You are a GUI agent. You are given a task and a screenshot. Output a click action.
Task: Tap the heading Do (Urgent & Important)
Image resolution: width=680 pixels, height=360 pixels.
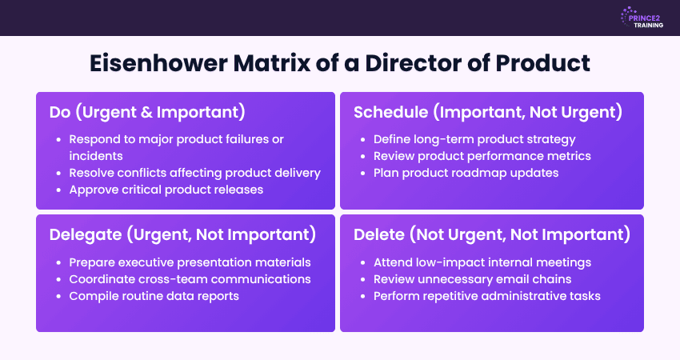(x=147, y=112)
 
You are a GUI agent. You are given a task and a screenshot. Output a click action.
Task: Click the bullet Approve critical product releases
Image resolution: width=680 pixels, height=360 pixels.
(x=166, y=190)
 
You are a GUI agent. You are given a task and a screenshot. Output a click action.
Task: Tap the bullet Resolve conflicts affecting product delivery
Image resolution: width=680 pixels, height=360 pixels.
(x=194, y=173)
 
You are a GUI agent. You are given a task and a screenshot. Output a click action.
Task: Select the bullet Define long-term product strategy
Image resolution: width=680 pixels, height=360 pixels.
(x=474, y=139)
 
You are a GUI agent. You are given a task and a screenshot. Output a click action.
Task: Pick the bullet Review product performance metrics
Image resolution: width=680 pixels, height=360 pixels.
(x=482, y=156)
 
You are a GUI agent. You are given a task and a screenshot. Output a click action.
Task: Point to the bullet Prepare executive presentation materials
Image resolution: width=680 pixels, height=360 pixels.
(x=190, y=262)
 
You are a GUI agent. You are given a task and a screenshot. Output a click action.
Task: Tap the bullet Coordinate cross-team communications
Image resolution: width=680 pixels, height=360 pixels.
(x=190, y=279)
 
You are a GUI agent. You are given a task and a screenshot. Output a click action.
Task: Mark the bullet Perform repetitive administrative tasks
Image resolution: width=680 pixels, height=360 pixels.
(x=487, y=296)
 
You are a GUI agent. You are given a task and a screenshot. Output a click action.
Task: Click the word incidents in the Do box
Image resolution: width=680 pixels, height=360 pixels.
(x=94, y=156)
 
